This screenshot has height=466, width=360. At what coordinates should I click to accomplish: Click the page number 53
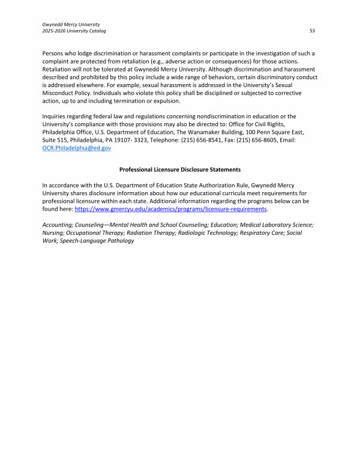tap(313, 30)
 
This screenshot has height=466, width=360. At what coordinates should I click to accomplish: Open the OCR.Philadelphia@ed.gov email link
tap(77, 148)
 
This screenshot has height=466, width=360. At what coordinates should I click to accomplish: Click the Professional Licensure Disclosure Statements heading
tap(180, 170)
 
